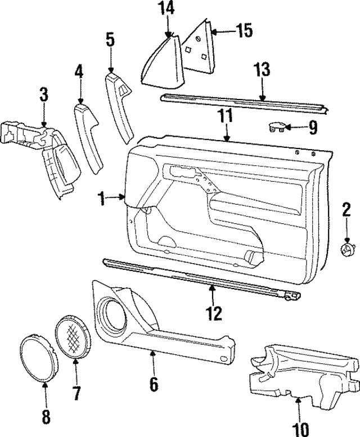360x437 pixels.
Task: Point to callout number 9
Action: (x=312, y=127)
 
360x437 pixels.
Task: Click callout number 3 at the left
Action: (x=43, y=94)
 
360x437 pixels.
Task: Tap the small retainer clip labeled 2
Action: (x=346, y=247)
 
